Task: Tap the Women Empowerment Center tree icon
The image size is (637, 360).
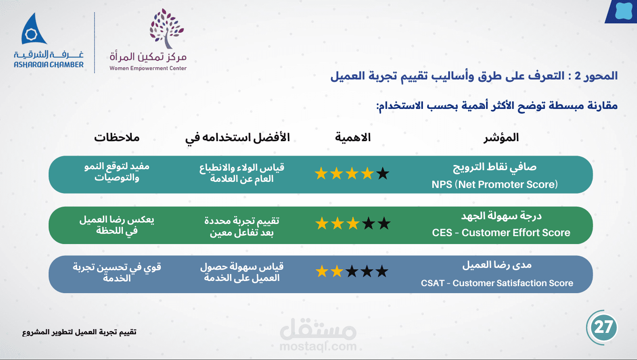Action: pyautogui.click(x=167, y=28)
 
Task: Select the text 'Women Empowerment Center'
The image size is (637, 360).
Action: pyautogui.click(x=148, y=68)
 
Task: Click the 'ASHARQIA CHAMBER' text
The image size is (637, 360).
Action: pyautogui.click(x=49, y=65)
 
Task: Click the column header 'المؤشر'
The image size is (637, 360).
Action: pyautogui.click(x=501, y=138)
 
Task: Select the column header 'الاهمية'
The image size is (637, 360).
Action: pyautogui.click(x=353, y=137)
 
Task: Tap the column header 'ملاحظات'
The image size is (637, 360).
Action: pyautogui.click(x=117, y=138)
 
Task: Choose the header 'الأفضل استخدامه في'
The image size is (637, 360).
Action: pyautogui.click(x=237, y=138)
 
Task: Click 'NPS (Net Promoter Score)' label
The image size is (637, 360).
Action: pyautogui.click(x=494, y=184)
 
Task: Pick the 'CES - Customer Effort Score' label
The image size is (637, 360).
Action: pyautogui.click(x=501, y=233)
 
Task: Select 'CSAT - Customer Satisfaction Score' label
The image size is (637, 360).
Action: pyautogui.click(x=497, y=283)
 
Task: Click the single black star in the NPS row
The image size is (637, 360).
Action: pyautogui.click(x=383, y=173)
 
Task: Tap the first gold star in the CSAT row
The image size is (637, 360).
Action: pyautogui.click(x=322, y=271)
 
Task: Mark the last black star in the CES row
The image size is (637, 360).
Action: pyautogui.click(x=384, y=223)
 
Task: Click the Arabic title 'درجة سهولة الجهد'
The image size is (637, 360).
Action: pyautogui.click(x=501, y=216)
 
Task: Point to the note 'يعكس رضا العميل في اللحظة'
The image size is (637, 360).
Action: pyautogui.click(x=117, y=225)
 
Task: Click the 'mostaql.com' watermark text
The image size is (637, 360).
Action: pyautogui.click(x=318, y=346)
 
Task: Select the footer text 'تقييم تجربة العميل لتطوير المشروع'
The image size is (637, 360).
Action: pyautogui.click(x=79, y=332)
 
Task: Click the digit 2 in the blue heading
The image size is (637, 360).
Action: pyautogui.click(x=578, y=76)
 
